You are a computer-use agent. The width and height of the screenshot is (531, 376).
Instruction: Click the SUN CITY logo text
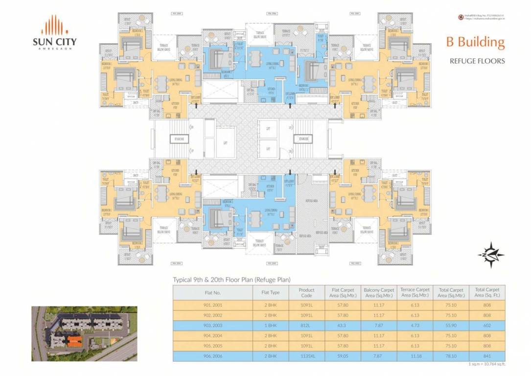(54, 41)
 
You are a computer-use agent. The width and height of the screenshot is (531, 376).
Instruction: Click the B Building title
(475, 42)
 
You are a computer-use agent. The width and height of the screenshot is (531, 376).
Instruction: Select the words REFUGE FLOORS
(477, 61)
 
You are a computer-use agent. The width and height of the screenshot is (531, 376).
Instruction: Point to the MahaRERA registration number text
(484, 16)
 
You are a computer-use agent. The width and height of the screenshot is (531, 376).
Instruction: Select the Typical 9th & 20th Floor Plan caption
(231, 280)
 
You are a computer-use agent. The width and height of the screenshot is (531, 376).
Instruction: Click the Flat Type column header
(271, 292)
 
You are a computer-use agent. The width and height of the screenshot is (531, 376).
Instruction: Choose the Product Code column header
(306, 292)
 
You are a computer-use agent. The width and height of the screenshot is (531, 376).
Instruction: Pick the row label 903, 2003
(213, 326)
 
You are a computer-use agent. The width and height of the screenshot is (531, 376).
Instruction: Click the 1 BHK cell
(271, 326)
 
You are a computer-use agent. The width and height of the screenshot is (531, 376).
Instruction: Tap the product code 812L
(306, 326)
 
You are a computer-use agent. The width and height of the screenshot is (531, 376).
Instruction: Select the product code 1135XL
(306, 356)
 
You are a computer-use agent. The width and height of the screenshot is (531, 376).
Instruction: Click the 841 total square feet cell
(486, 356)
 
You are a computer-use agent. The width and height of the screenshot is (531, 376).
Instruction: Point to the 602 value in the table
(486, 326)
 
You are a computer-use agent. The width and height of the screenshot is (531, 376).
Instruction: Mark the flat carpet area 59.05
(343, 356)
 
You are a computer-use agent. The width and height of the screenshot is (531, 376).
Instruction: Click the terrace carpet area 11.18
(415, 356)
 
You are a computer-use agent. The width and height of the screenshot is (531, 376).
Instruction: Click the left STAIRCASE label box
(179, 139)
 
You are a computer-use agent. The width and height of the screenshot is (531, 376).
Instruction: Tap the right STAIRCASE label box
(302, 139)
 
